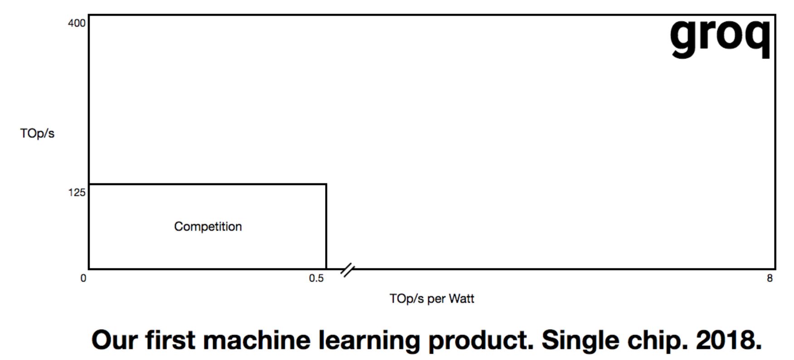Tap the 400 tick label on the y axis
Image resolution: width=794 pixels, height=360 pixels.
coord(77,23)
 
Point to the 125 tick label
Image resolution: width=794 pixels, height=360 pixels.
coord(77,193)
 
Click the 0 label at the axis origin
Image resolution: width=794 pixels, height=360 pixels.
coord(83,278)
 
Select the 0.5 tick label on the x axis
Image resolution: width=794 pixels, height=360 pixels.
coord(317,278)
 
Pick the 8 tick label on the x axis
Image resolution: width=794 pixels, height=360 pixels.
coord(770,278)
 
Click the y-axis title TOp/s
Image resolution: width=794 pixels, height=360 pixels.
coord(37,133)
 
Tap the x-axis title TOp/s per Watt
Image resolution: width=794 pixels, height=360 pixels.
coord(432,299)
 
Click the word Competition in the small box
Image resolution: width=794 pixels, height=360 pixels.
coord(208,227)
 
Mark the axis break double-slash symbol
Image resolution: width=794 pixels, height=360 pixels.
coord(347,270)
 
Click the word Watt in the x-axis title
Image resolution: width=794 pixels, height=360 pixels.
coord(462,299)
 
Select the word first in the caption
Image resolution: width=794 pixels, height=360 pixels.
coord(170,340)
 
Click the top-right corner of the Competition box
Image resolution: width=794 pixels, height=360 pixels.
coord(326,184)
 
